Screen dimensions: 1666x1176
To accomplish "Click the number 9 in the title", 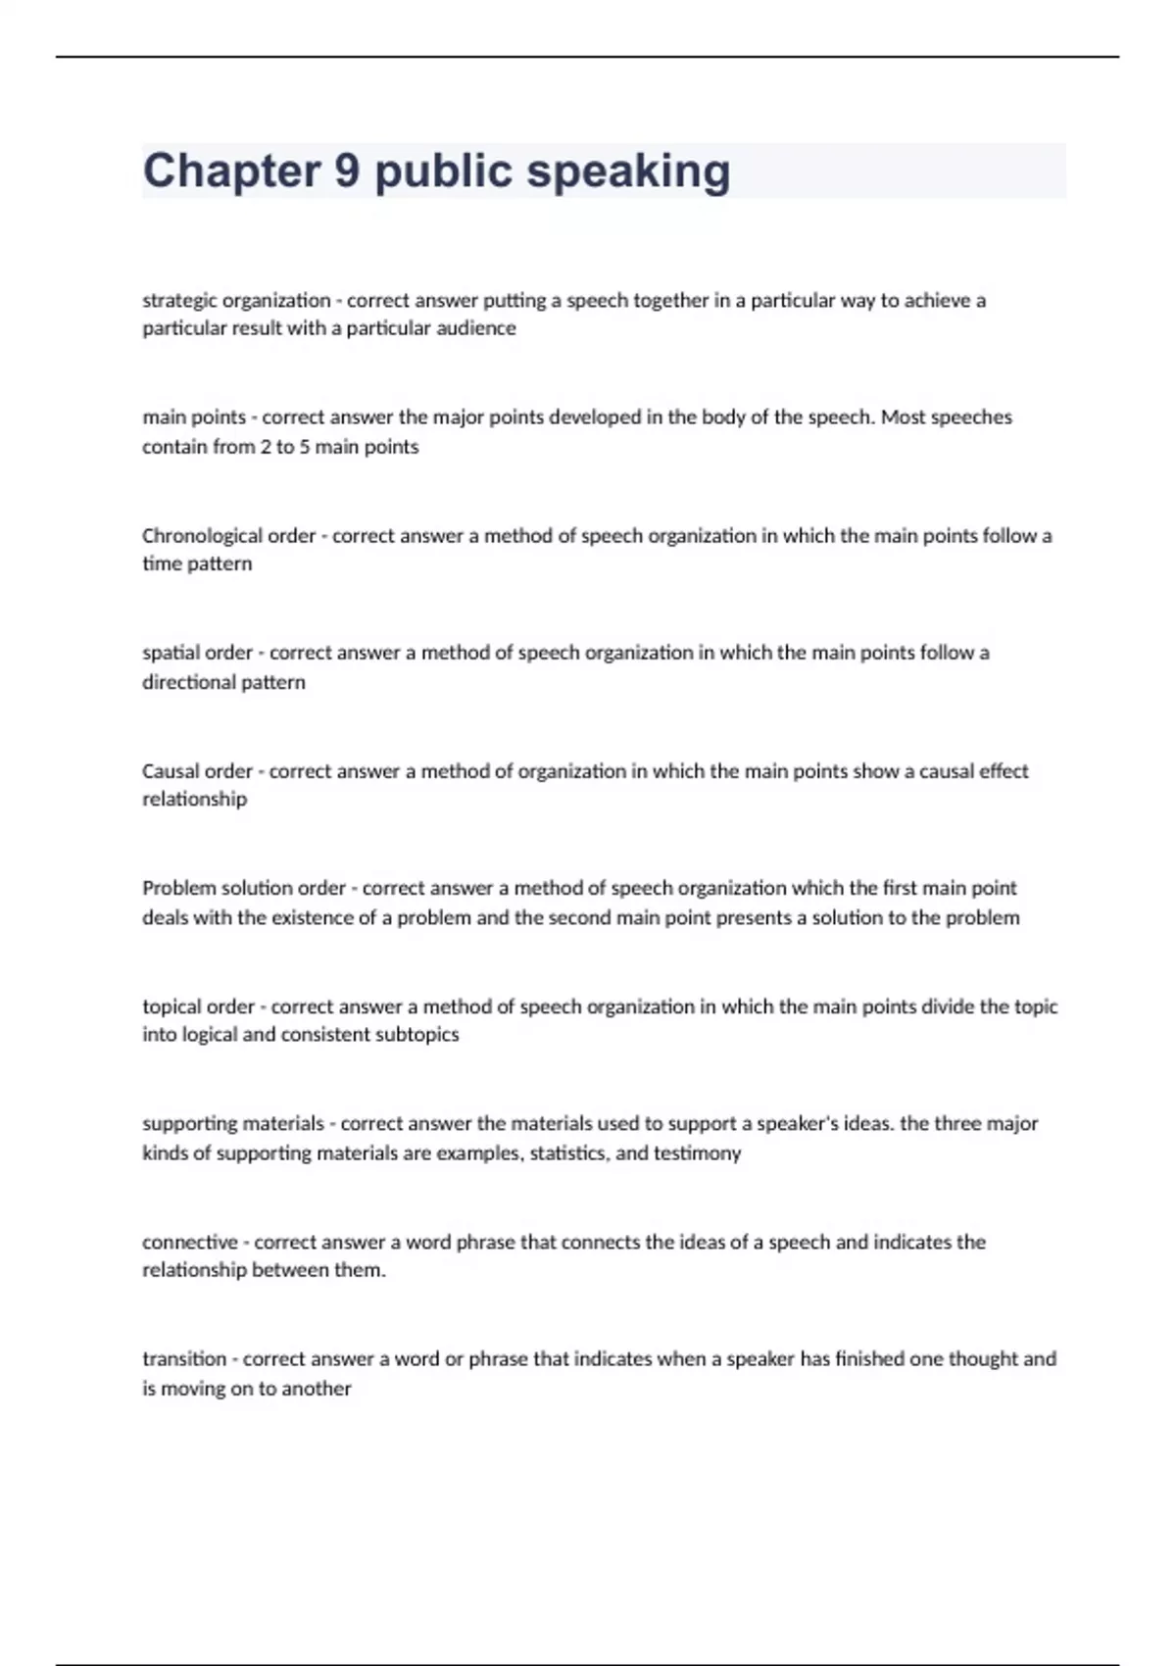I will click(x=347, y=171).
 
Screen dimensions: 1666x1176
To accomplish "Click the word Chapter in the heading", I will click(x=231, y=171).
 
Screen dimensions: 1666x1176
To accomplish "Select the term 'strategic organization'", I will click(x=236, y=301).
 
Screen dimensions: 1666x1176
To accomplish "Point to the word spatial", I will click(x=170, y=653).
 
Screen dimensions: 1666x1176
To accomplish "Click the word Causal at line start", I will click(x=170, y=771).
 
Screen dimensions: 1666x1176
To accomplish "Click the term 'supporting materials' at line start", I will click(x=232, y=1124).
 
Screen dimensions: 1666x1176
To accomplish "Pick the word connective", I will click(x=190, y=1243).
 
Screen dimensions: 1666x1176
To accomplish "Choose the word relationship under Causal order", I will click(x=194, y=800).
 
